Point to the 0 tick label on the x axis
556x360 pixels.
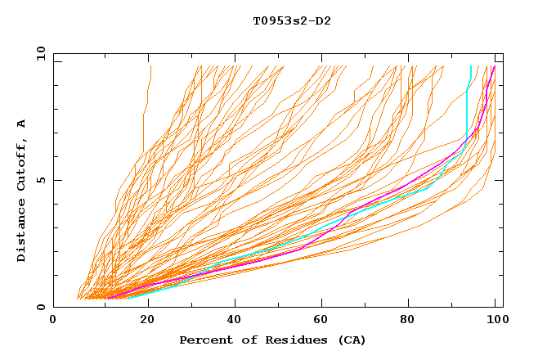53,321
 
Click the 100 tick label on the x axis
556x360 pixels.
494,321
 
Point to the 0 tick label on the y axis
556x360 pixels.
40,308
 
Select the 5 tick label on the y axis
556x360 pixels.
40,180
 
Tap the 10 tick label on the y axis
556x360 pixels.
37,53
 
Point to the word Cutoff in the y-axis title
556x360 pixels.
21,163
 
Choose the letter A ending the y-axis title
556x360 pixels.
21,123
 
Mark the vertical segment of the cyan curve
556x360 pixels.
467,115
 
